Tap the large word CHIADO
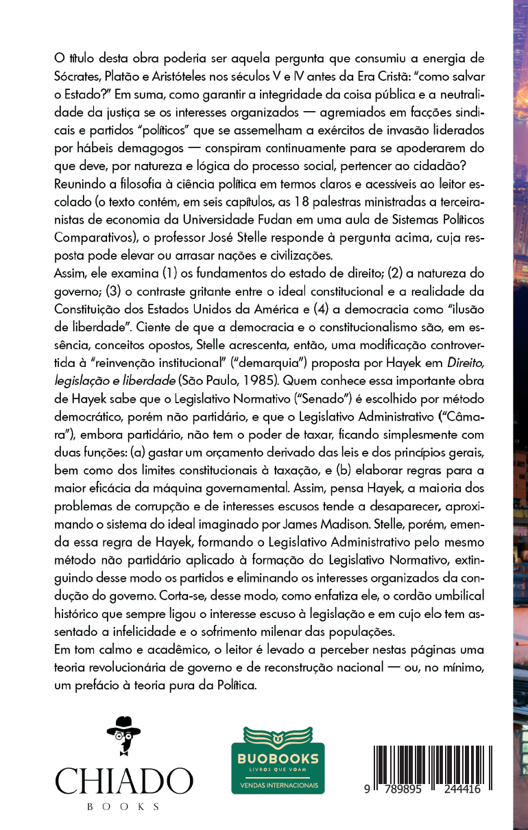124,781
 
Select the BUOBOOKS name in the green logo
278,758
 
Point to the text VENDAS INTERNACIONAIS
278,783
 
